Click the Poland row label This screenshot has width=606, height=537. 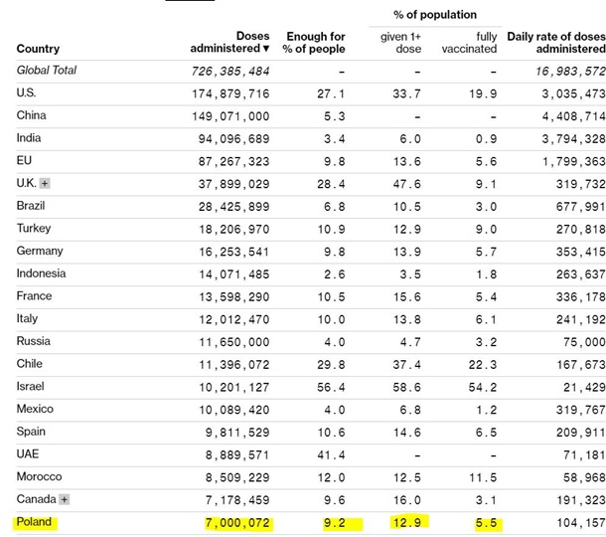pyautogui.click(x=34, y=522)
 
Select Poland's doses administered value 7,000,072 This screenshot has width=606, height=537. pyautogui.click(x=229, y=523)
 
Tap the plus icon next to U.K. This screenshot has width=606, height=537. pyautogui.click(x=45, y=184)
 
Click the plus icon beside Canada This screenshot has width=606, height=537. pyautogui.click(x=65, y=499)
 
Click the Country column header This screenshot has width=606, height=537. pyautogui.click(x=38, y=49)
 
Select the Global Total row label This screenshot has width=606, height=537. pyautogui.click(x=47, y=71)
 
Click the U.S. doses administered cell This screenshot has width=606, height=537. pyautogui.click(x=229, y=93)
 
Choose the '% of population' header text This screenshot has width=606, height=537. pyautogui.click(x=435, y=15)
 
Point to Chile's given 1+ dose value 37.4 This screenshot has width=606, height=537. pyautogui.click(x=406, y=365)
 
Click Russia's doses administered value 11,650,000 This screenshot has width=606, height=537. pyautogui.click(x=229, y=342)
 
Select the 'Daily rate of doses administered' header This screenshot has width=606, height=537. pyautogui.click(x=555, y=43)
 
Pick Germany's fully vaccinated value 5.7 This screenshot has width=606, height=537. pyautogui.click(x=485, y=252)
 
